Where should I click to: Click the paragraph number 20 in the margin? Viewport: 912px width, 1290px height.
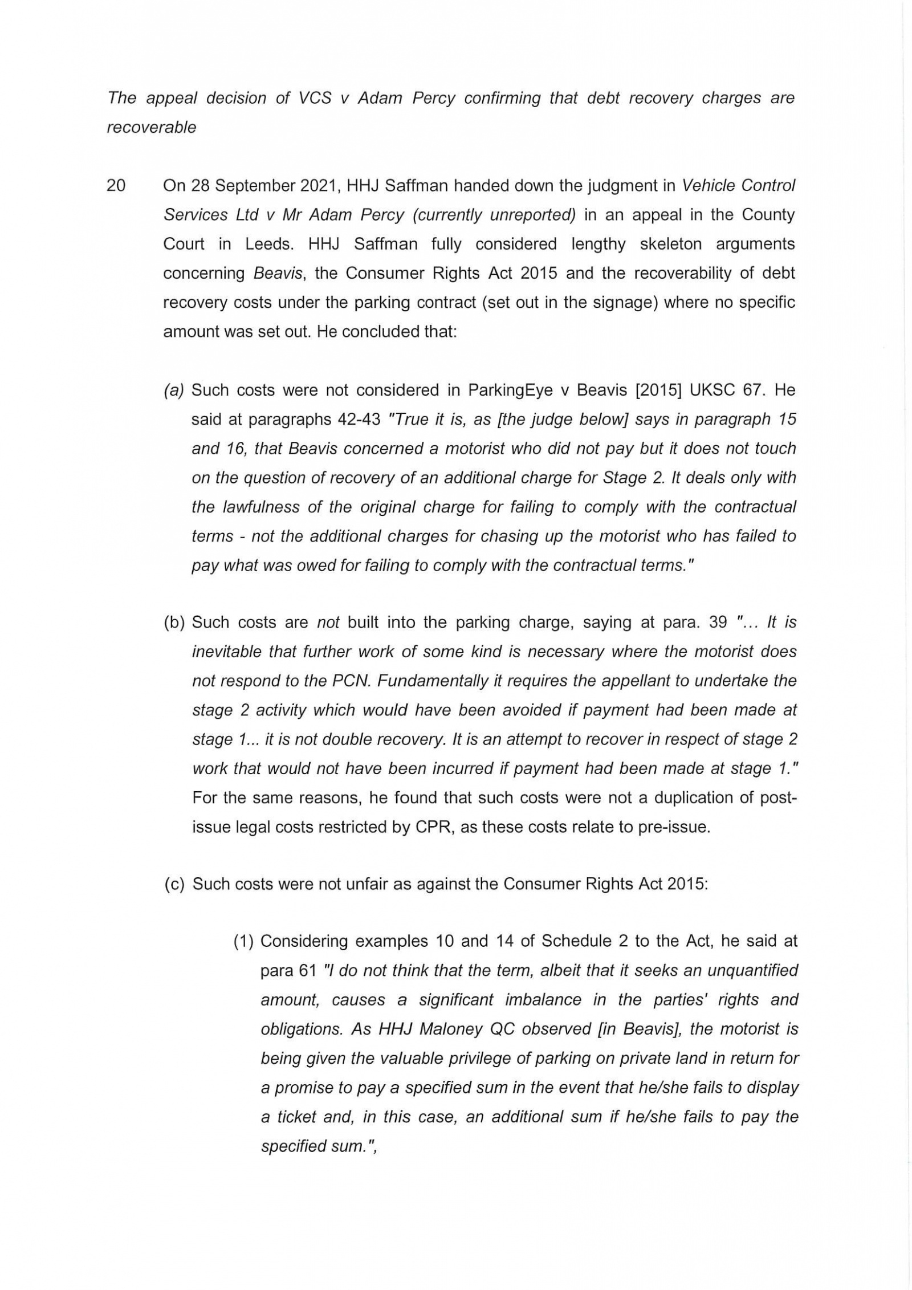click(x=116, y=186)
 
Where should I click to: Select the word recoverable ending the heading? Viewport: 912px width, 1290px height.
click(x=151, y=127)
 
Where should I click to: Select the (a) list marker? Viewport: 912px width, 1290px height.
click(x=173, y=390)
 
